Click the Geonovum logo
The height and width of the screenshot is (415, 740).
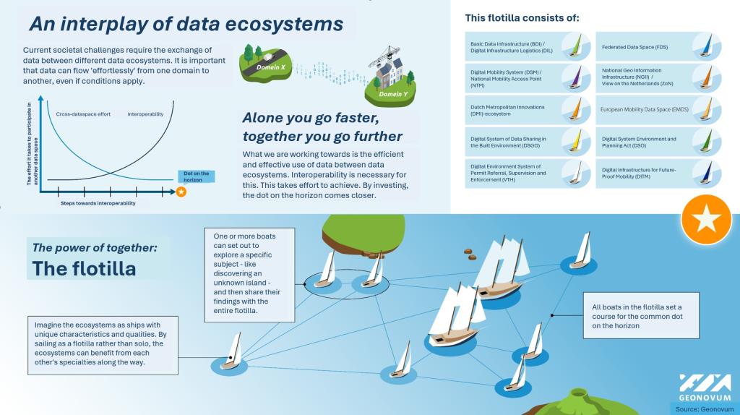pos(705,387)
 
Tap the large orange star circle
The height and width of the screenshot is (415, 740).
pos(707,220)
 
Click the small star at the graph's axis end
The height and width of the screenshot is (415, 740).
pos(181,192)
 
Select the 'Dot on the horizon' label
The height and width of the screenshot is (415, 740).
pos(197,176)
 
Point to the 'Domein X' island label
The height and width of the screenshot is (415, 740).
pos(271,67)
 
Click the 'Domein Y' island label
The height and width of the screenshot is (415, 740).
pos(393,94)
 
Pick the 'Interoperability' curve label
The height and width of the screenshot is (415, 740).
pos(145,114)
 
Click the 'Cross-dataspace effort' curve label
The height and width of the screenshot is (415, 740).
pos(83,114)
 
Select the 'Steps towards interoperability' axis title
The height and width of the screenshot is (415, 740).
pos(98,203)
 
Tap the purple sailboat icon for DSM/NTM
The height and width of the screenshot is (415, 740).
pos(576,78)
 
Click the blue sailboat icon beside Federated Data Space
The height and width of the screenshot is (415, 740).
pos(707,46)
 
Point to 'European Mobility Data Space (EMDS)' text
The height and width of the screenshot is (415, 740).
pos(644,109)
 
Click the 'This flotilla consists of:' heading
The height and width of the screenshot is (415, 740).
pos(522,18)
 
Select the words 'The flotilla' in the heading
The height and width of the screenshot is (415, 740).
pos(84,269)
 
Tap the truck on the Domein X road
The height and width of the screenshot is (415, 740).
pos(268,57)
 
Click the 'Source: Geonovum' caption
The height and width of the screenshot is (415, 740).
pos(705,409)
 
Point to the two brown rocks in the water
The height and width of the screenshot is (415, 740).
pos(470,254)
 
